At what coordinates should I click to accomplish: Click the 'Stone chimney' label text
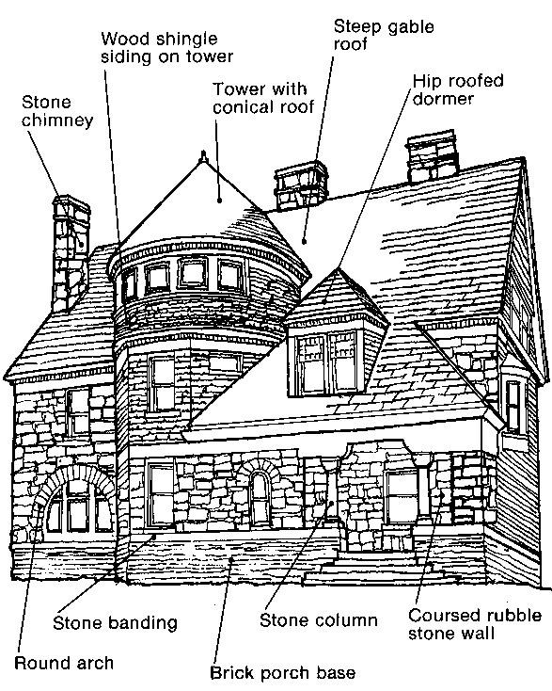click(57, 111)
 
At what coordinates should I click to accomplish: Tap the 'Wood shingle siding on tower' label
click(166, 47)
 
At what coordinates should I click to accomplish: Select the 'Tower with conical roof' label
click(263, 98)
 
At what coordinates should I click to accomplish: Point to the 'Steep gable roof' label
click(384, 35)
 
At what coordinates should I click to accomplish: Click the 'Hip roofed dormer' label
click(458, 89)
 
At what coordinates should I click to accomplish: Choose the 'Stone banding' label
click(115, 622)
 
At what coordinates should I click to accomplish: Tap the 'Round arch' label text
click(64, 663)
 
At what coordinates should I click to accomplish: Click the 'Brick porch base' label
click(283, 673)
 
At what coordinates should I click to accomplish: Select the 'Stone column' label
click(319, 620)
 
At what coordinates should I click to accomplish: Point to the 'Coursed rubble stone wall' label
click(475, 624)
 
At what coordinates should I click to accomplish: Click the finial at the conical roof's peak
click(203, 156)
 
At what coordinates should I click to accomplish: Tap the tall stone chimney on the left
click(71, 253)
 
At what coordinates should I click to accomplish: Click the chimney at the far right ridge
click(432, 156)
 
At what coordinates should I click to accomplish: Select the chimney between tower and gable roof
click(302, 185)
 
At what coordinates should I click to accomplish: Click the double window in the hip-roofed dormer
click(326, 362)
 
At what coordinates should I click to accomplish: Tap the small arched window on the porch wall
click(260, 497)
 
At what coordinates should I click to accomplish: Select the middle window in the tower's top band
click(193, 273)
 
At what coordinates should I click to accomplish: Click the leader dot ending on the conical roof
click(219, 201)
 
